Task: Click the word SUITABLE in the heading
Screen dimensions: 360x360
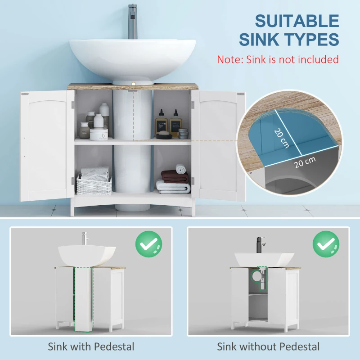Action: coord(297,21)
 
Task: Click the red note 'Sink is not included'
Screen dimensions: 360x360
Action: coord(292,59)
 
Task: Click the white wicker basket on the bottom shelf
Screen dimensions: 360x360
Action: coord(94,184)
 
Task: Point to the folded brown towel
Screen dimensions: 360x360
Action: coord(175,177)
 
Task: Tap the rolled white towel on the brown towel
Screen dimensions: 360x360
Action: coord(181,169)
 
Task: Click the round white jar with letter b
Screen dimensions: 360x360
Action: coord(99,134)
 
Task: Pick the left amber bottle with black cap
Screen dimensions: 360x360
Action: coord(162,123)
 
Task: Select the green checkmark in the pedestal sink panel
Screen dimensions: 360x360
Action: coord(148,244)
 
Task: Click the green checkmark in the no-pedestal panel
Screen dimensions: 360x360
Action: coord(326,244)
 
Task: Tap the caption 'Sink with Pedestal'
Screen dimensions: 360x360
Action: coord(91,346)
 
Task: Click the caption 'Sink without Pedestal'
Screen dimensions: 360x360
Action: coord(268,346)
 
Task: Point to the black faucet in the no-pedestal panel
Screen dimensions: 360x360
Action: coord(261,245)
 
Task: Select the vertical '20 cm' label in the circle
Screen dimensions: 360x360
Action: coord(282,138)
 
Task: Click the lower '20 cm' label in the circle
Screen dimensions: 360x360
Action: coord(305,162)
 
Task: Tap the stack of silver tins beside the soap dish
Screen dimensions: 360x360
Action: coord(183,134)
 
